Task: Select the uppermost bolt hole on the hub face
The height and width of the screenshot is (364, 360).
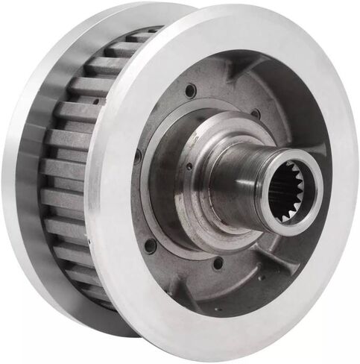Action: (191, 90)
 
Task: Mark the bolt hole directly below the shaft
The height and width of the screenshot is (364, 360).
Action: (218, 263)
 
